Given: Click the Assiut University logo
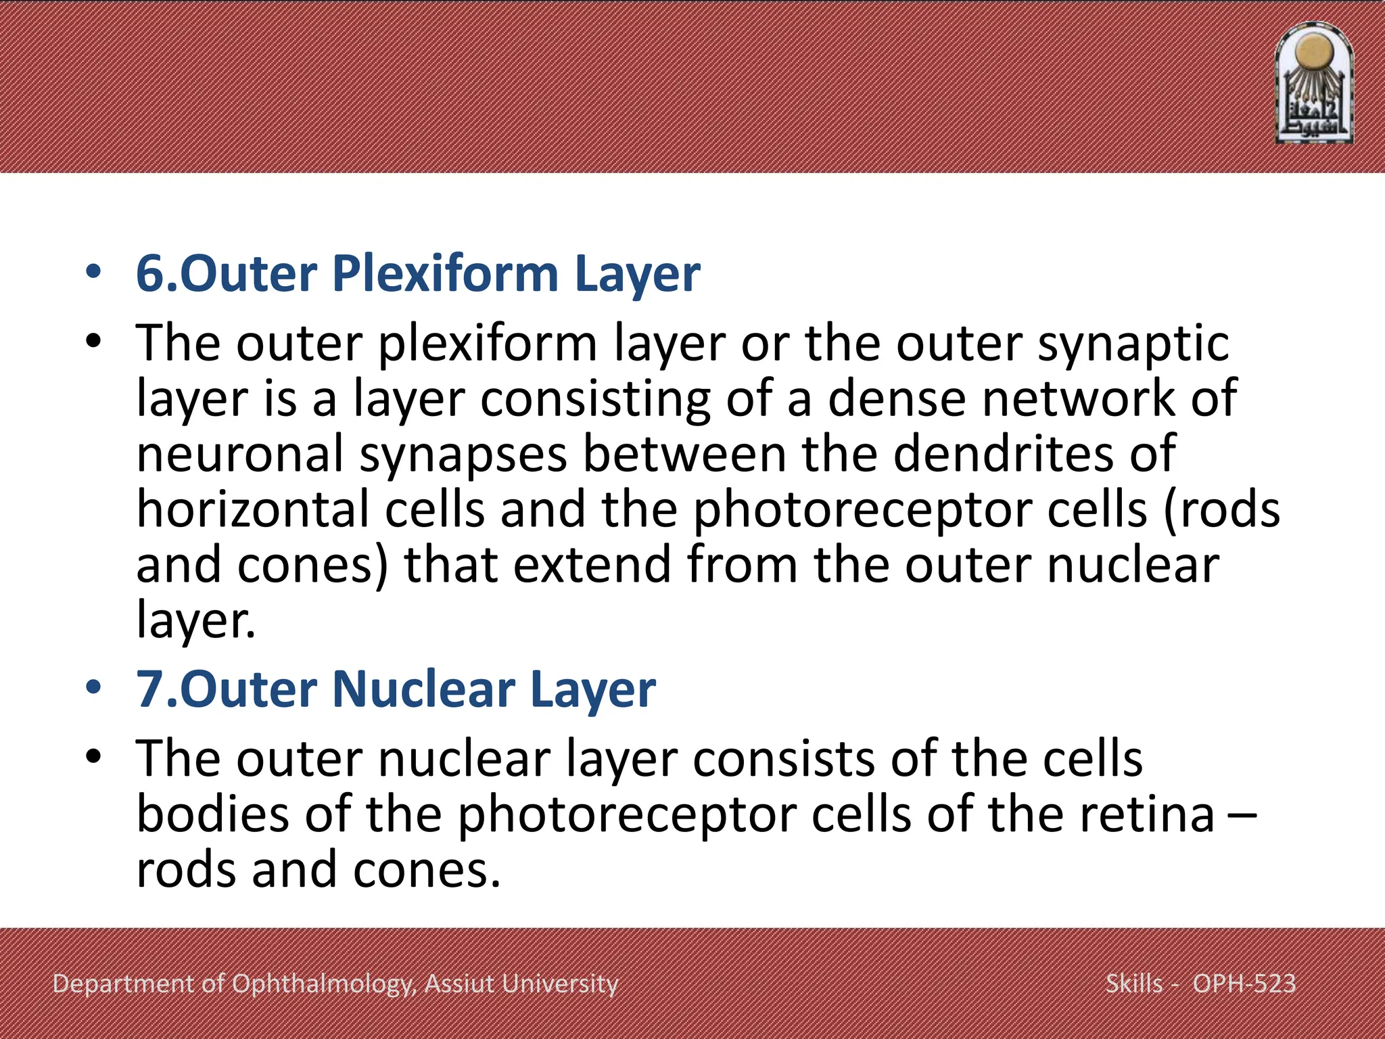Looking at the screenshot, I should pos(1313,84).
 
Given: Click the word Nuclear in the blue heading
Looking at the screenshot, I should pos(423,689).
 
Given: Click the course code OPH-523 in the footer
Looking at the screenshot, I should pos(1244,984).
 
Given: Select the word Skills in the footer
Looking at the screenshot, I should pos(1134,984).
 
